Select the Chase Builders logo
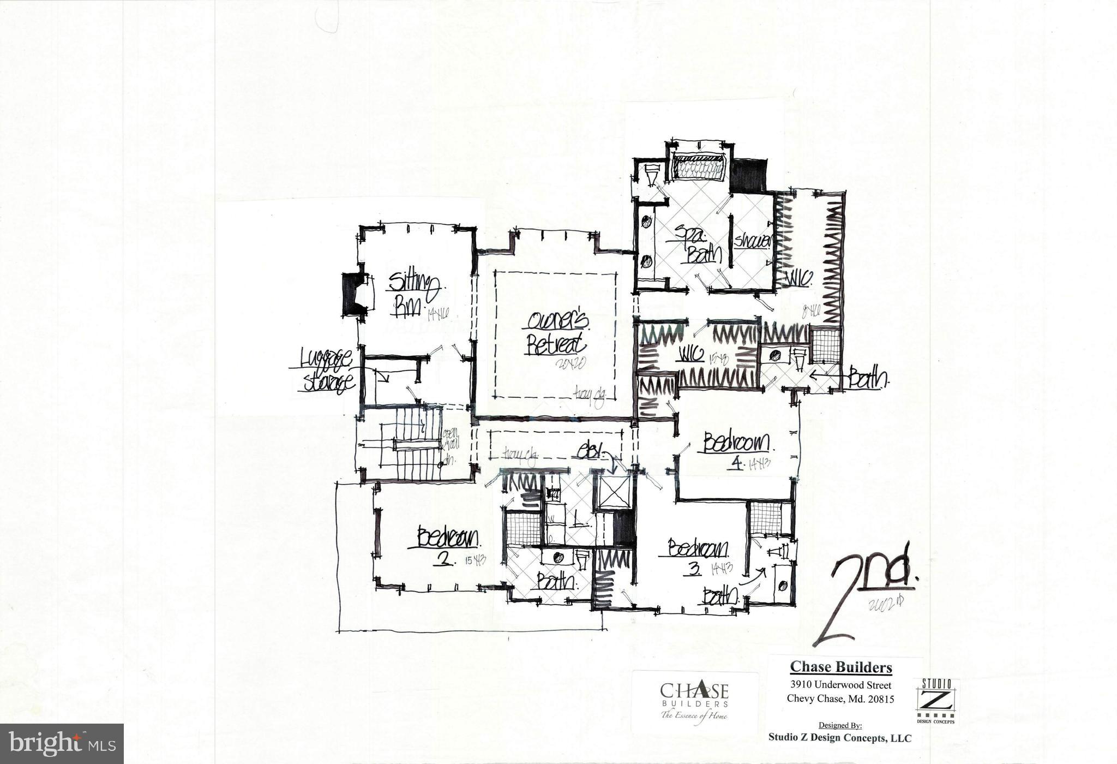pos(694,701)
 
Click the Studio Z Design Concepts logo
pos(936,701)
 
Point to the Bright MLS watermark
pos(62,743)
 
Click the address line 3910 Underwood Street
pos(841,685)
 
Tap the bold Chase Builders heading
pos(841,667)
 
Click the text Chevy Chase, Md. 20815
pos(840,699)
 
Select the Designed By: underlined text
pos(840,725)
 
